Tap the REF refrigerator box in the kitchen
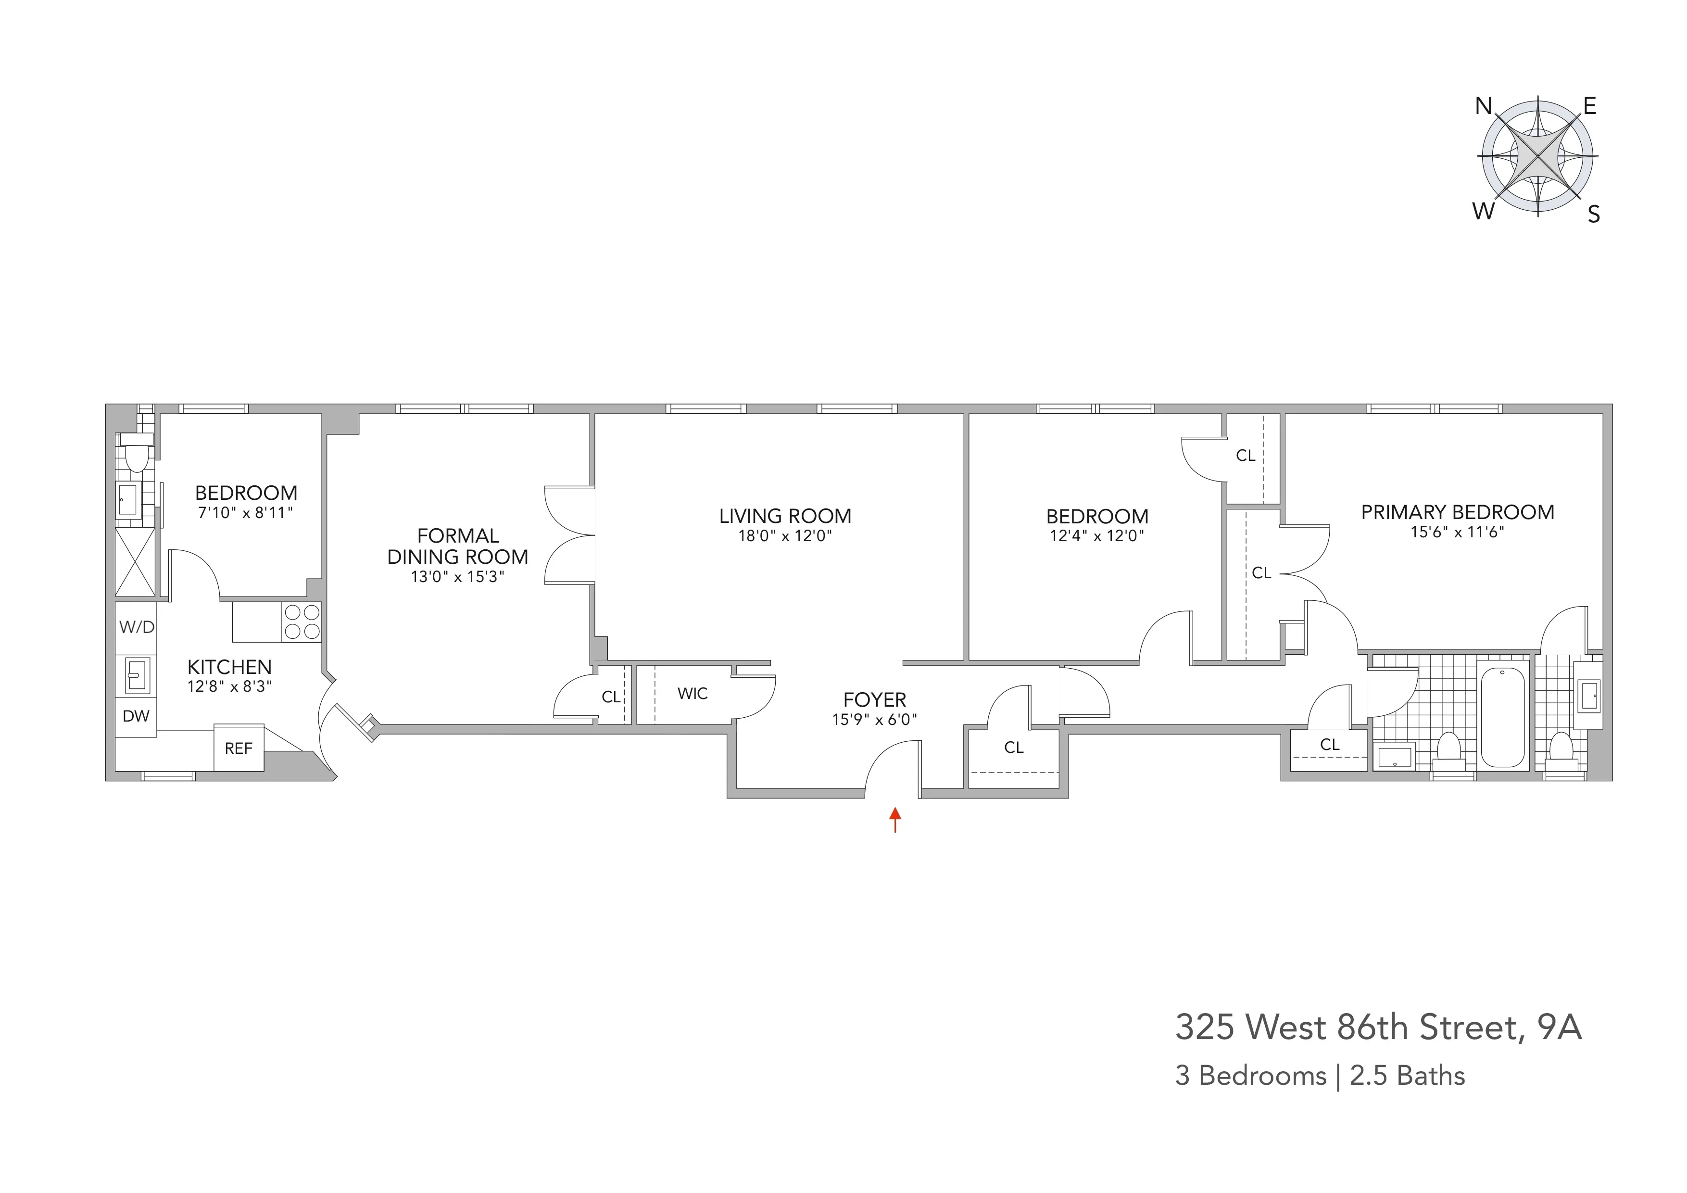239,749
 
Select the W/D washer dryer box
137,627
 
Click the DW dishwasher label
136,716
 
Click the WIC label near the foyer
692,693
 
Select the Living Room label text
785,516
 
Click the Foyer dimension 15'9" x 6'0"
874,720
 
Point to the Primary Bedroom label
1457,512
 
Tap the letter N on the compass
1484,107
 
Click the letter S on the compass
1594,215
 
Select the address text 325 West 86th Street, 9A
1378,1027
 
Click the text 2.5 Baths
1407,1076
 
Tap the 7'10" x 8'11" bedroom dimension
245,512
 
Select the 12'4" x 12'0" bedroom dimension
1096,536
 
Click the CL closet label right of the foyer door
1013,748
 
